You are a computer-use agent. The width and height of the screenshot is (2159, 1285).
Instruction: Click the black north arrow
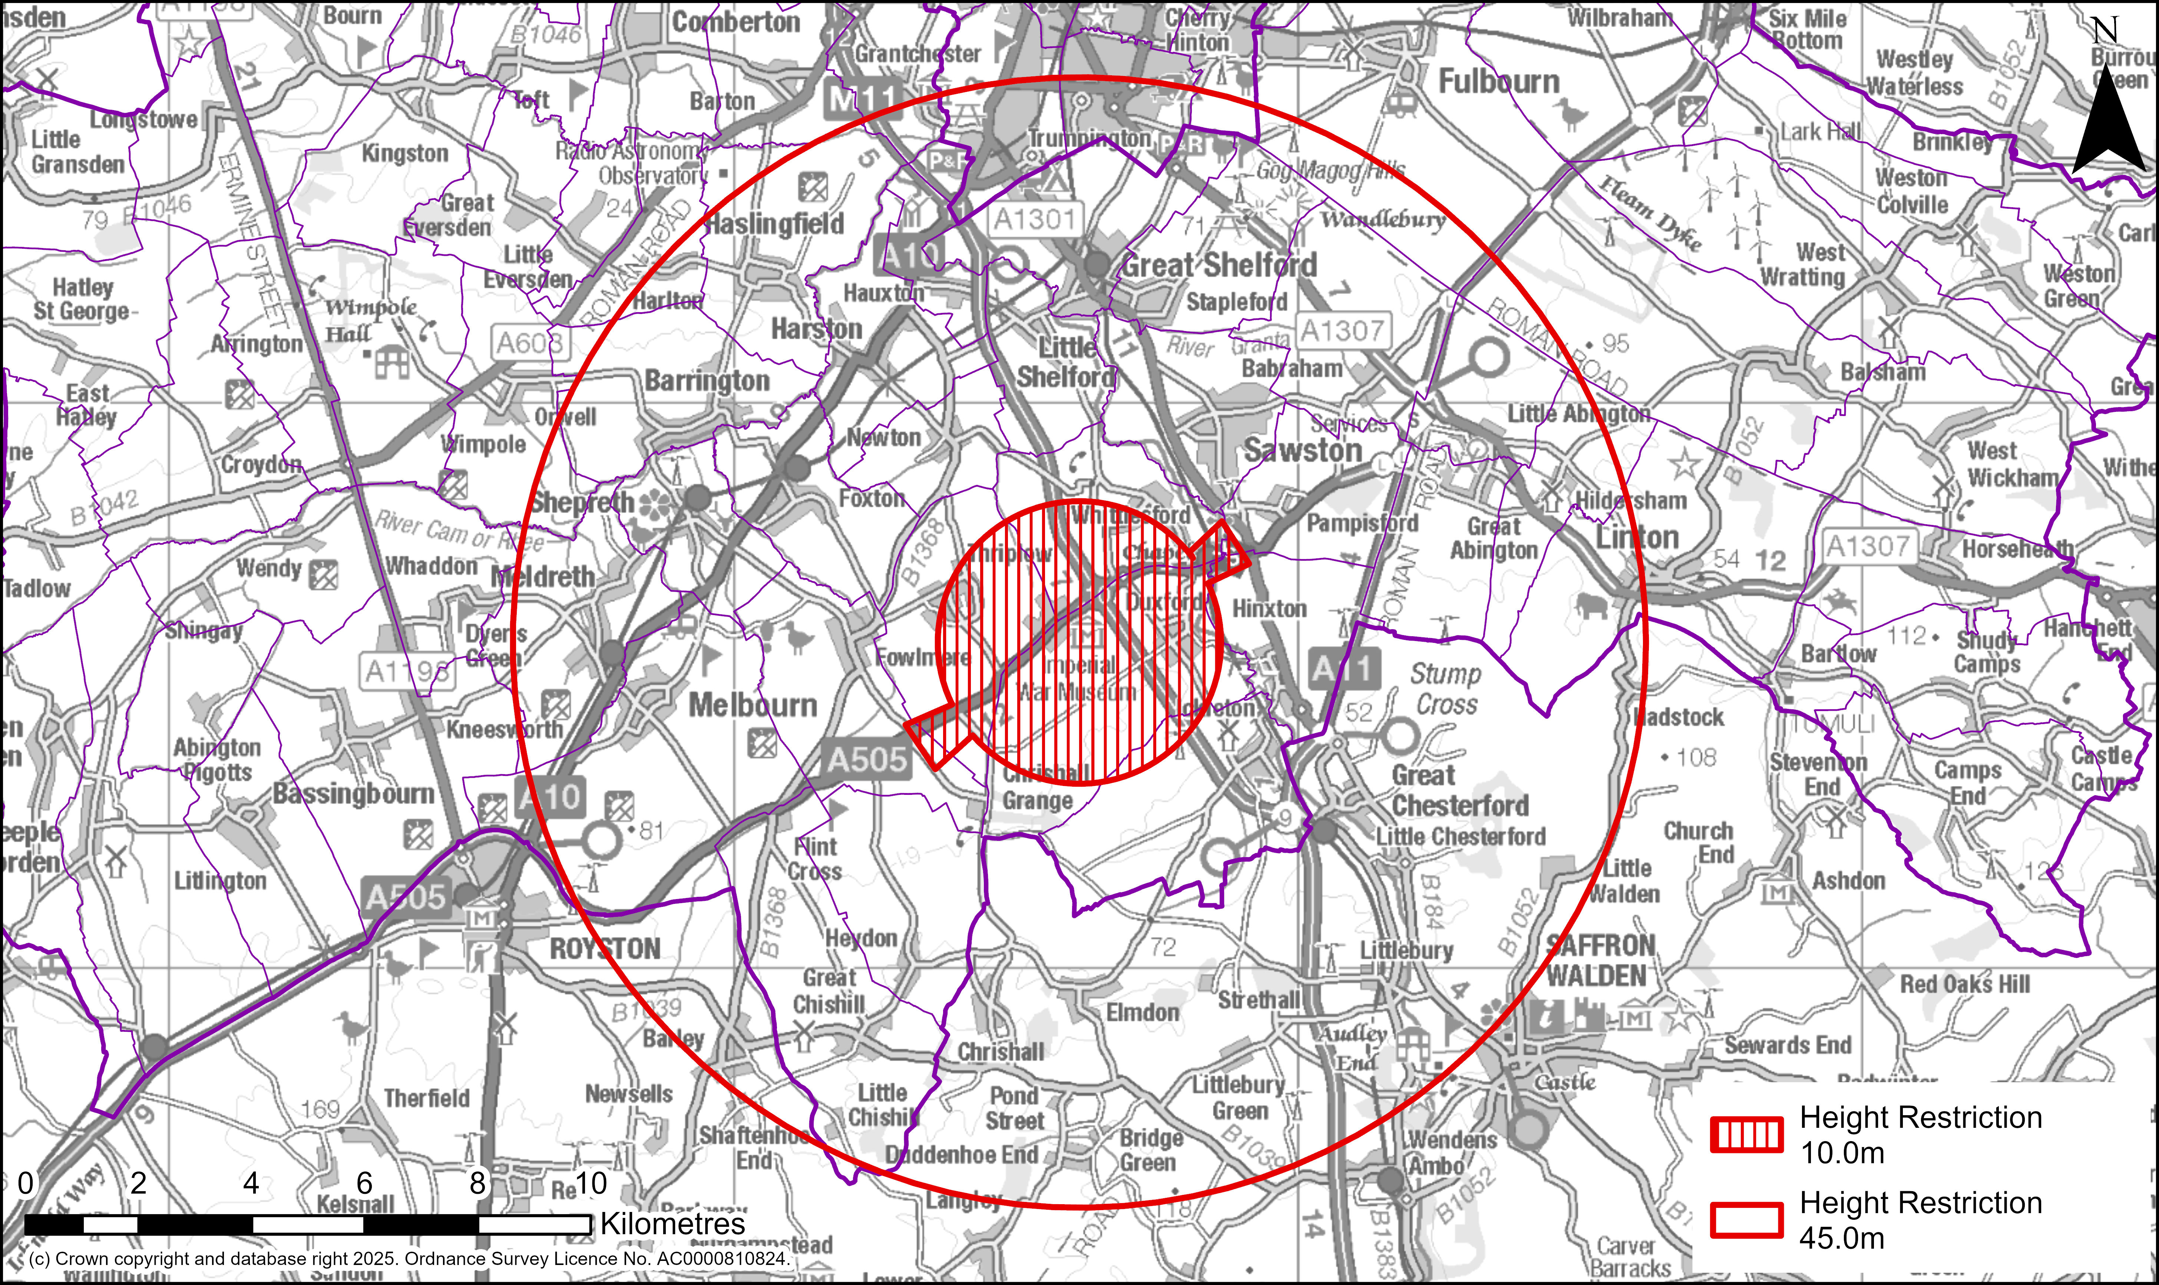pyautogui.click(x=2108, y=121)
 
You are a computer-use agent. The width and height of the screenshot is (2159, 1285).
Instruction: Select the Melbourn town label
pyautogui.click(x=752, y=706)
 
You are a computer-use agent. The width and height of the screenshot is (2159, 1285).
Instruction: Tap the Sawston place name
pyautogui.click(x=1303, y=450)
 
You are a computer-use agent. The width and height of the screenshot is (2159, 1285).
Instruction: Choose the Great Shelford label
pyautogui.click(x=1219, y=265)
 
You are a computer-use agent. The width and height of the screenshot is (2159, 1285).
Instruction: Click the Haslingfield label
pyautogui.click(x=774, y=224)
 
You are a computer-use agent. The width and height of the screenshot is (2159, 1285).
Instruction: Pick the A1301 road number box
pyautogui.click(x=1034, y=219)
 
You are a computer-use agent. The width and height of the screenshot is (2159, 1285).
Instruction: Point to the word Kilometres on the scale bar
pyautogui.click(x=672, y=1223)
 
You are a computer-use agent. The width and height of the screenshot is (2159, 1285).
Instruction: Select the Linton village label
pyautogui.click(x=1637, y=538)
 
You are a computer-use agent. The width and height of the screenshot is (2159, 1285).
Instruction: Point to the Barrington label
pyautogui.click(x=707, y=381)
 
